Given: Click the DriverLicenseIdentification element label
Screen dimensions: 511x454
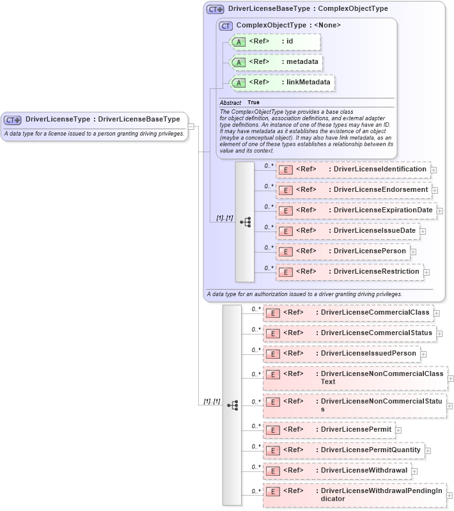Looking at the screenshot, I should pyautogui.click(x=380, y=169).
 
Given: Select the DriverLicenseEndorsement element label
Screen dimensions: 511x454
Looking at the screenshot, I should pyautogui.click(x=380, y=189).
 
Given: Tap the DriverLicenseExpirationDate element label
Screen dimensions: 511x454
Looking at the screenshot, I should pyautogui.click(x=383, y=210).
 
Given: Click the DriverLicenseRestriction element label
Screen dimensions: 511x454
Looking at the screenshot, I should pyautogui.click(x=377, y=271).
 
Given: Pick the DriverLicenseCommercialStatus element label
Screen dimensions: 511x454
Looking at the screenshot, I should pyautogui.click(x=376, y=333).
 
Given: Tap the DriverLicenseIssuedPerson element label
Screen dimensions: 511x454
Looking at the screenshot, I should pyautogui.click(x=368, y=353).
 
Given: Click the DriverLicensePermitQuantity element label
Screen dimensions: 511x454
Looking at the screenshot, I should pyautogui.click(x=371, y=450).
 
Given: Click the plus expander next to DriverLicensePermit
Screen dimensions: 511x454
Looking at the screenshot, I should pyautogui.click(x=398, y=430).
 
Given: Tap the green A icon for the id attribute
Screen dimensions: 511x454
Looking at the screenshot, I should pyautogui.click(x=239, y=42).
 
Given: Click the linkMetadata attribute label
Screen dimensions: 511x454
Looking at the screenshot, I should pyautogui.click(x=308, y=82).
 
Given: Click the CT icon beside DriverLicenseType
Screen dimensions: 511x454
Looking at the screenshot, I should pyautogui.click(x=13, y=119).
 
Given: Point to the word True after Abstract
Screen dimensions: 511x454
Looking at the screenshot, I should pyautogui.click(x=254, y=102).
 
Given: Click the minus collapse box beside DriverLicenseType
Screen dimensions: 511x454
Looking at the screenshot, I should pyautogui.click(x=191, y=126).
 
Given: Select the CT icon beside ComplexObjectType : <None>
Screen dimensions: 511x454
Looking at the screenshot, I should pyautogui.click(x=226, y=26).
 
